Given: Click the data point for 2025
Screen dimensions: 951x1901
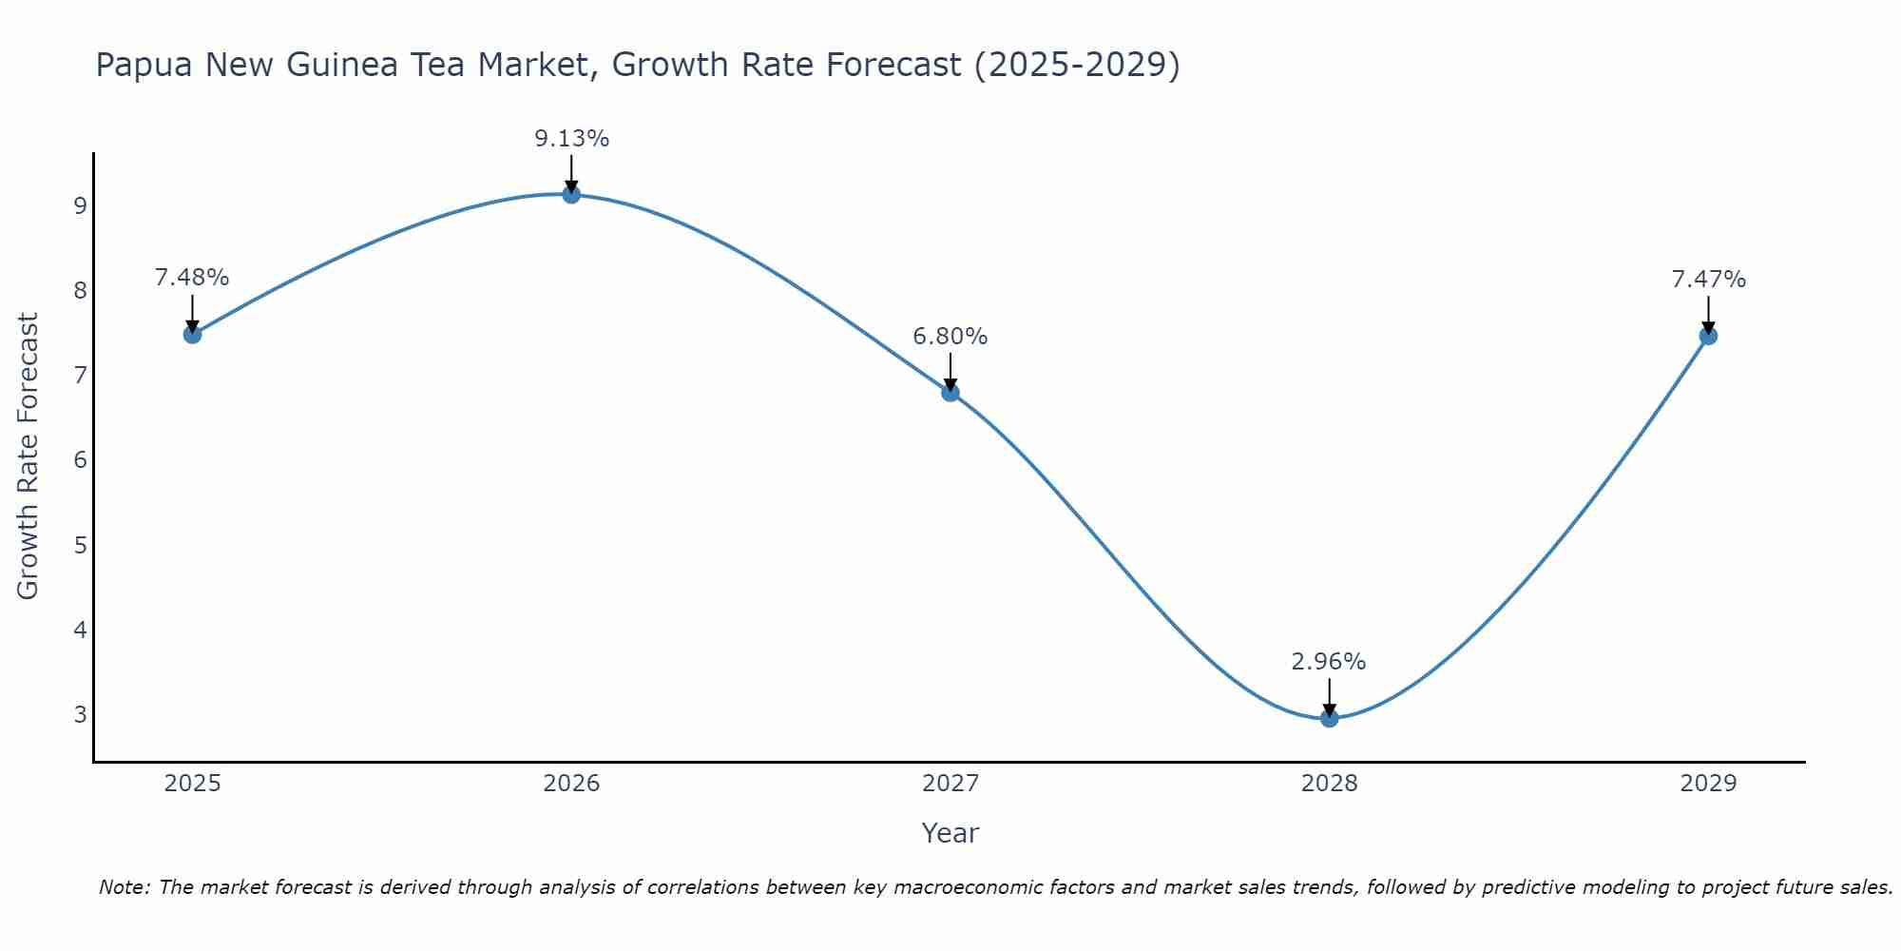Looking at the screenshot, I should pos(192,334).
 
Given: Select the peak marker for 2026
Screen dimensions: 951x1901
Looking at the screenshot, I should pos(571,194).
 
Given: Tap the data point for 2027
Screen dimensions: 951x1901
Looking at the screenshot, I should pos(950,392).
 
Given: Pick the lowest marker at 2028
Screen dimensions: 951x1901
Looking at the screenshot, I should pos(1329,718).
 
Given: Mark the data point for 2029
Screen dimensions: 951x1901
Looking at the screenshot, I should pos(1708,335).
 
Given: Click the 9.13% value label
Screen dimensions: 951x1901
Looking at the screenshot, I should pos(571,139).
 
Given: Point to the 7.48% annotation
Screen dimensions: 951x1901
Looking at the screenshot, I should pos(192,278).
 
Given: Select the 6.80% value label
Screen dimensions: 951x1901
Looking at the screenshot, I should pos(950,337).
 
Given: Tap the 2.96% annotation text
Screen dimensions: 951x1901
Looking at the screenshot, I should pos(1329,662).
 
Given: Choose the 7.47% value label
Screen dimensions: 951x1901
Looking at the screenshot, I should pos(1708,280).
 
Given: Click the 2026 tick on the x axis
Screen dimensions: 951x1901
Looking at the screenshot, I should pos(571,784).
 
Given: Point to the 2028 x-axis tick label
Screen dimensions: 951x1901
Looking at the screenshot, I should pos(1329,784).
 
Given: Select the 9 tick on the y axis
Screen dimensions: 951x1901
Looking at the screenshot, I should pos(80,205).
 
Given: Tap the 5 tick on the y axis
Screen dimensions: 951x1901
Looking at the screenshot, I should pos(80,545).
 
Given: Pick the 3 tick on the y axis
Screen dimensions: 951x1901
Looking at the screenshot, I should pos(80,714).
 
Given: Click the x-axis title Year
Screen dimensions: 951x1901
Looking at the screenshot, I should pos(950,833).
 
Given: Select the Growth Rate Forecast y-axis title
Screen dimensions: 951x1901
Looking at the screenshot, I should pos(29,456).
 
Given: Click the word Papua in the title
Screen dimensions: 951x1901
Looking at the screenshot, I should pos(144,65).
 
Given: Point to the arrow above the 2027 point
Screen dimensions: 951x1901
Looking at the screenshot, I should pos(950,370).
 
